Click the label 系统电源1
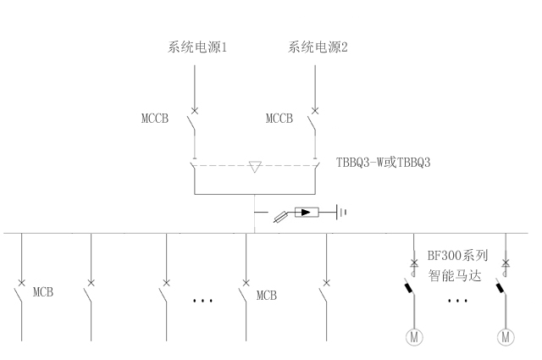[196, 48]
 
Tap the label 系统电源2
[318, 48]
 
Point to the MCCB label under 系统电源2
[279, 119]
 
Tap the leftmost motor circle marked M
[414, 337]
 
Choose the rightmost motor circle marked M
[506, 337]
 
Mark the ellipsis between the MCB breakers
[203, 301]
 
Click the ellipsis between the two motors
[457, 301]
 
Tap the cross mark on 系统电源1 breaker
[194, 111]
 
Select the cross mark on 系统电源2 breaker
[315, 111]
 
